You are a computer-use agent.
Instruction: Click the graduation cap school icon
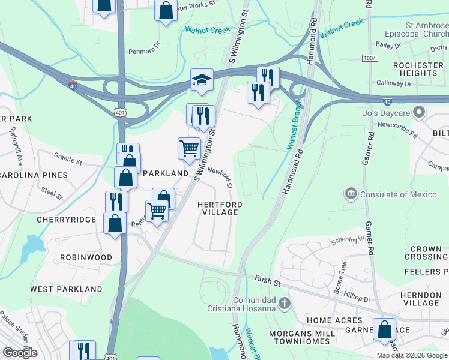[202, 79]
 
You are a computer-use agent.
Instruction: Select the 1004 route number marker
[370, 58]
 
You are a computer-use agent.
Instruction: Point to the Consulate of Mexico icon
[350, 194]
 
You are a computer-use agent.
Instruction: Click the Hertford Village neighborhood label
[220, 209]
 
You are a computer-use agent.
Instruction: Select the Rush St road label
[264, 279]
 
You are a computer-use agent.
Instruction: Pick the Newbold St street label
[220, 177]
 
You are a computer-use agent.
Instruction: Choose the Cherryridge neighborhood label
[66, 220]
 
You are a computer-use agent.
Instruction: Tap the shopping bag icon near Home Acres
[384, 329]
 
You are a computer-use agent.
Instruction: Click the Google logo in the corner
[20, 352]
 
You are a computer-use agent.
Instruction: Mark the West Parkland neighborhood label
[66, 289]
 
